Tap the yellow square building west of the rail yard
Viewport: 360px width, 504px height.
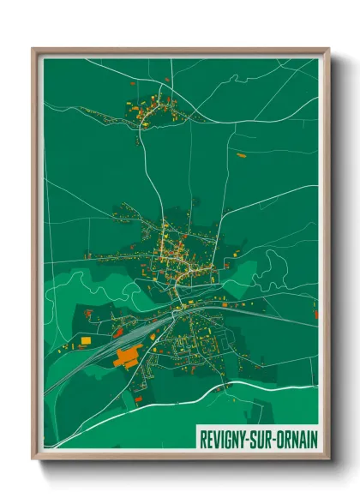[86, 341]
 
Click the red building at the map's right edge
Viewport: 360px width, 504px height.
[315, 315]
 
